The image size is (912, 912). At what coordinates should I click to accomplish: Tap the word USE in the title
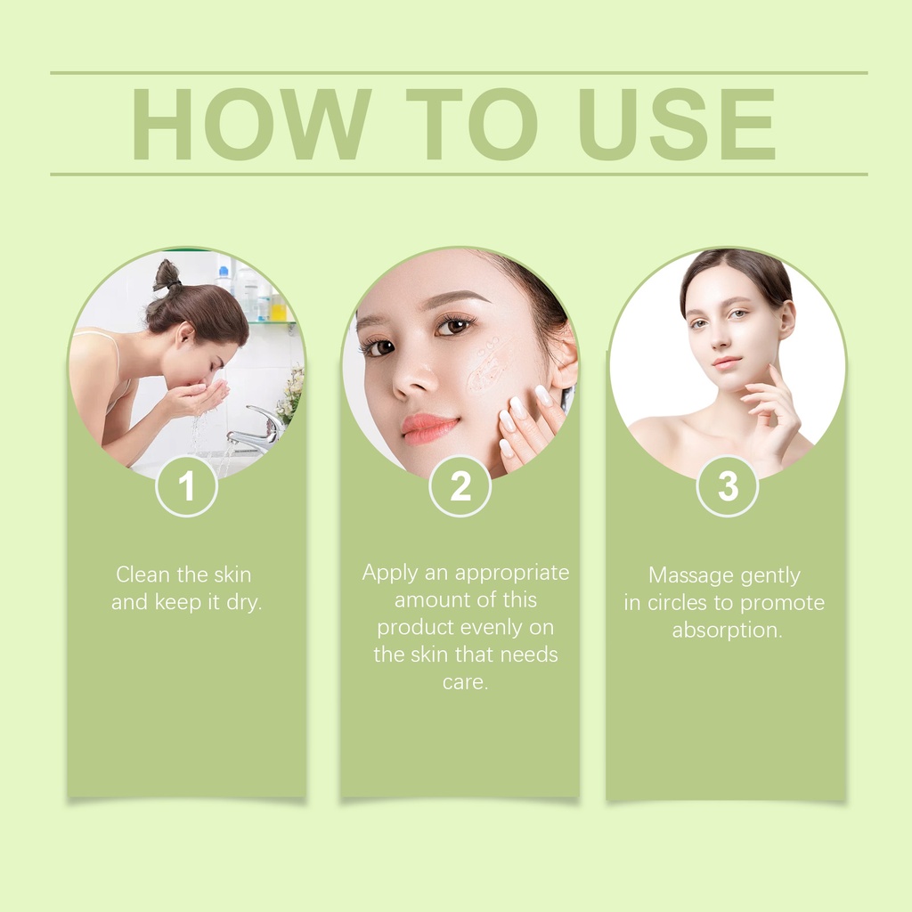click(677, 124)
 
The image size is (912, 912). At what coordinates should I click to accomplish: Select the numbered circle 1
click(187, 485)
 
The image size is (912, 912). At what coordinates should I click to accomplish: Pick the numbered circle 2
click(460, 485)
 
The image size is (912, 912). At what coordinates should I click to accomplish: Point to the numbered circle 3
click(728, 485)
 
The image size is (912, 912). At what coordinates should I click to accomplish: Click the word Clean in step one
click(143, 574)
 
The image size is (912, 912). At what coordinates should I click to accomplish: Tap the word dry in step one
click(244, 603)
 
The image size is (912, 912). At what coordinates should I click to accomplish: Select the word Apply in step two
click(390, 574)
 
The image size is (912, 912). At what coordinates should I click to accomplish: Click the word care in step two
click(465, 681)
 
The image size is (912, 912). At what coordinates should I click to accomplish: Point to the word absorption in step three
click(727, 631)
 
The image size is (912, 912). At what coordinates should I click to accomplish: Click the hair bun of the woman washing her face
click(167, 274)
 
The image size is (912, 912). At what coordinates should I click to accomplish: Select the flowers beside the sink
click(290, 392)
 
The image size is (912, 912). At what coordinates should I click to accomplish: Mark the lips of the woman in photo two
click(429, 427)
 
